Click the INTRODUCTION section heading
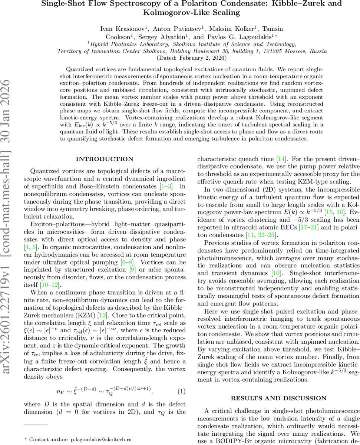pyautogui.click(x=104, y=159)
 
